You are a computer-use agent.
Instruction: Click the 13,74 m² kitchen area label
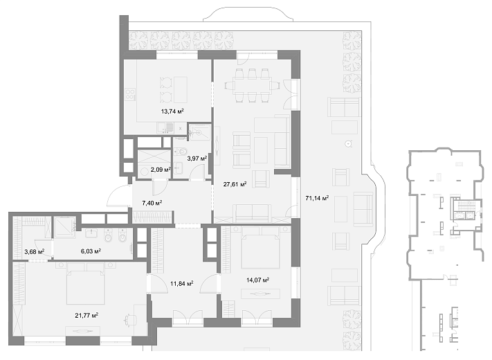[x=172, y=111]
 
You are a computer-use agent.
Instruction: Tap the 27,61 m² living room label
[x=235, y=184]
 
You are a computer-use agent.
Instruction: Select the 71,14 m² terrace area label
[x=317, y=198]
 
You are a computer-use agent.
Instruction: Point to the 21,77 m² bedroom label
[x=86, y=315]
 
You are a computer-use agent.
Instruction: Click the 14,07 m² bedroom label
[x=258, y=280]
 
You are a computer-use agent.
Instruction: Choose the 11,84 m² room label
[x=182, y=284]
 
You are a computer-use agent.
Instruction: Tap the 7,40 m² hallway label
[x=152, y=203]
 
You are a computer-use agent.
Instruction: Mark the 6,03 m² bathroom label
[x=91, y=251]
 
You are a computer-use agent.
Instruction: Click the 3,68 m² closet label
[x=34, y=251]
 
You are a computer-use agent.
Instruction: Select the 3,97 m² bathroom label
[x=197, y=159]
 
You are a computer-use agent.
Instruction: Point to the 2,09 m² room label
[x=161, y=170]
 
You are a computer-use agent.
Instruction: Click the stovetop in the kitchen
[x=130, y=94]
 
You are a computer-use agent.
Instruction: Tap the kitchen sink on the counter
[x=165, y=127]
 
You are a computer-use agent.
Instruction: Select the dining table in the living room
[x=252, y=85]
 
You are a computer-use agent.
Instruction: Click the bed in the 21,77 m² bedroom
[x=85, y=285]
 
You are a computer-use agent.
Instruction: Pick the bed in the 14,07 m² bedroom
[x=260, y=248]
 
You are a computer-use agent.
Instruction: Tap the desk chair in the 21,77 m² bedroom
[x=129, y=320]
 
